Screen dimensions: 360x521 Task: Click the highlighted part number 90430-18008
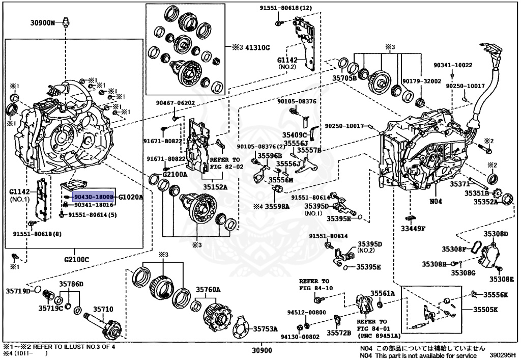[x=93, y=196]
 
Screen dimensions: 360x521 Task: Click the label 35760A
[x=209, y=289]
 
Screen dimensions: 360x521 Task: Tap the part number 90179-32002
[x=421, y=81]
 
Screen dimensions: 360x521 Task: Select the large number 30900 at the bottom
[x=263, y=351]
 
